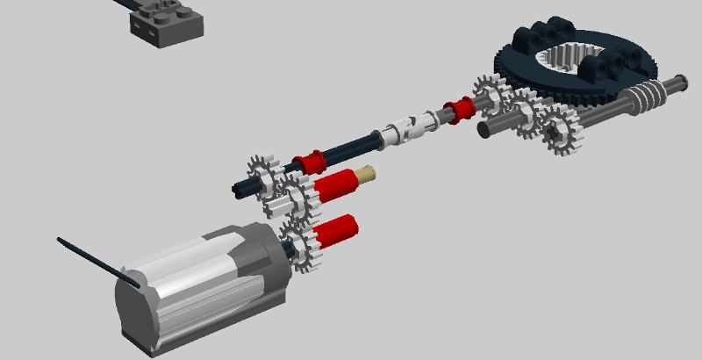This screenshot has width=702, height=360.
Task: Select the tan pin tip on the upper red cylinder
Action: point(369,174)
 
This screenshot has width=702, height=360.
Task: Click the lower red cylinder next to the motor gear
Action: point(336,229)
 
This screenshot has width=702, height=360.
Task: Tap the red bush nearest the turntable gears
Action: point(458,110)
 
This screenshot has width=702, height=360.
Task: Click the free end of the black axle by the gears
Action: point(240,186)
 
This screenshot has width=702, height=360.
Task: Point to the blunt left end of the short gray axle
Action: point(483,129)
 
